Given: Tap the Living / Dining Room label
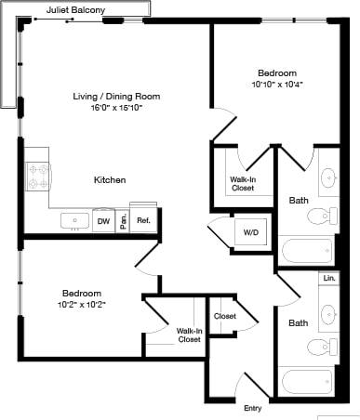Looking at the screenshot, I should pyautogui.click(x=116, y=96).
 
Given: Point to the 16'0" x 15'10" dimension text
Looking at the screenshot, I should pyautogui.click(x=116, y=108).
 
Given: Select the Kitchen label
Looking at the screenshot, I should pyautogui.click(x=110, y=179).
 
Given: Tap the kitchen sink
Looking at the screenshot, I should pyautogui.click(x=73, y=220).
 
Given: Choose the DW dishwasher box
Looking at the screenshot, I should pyautogui.click(x=103, y=221).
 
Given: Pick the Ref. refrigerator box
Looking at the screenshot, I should pyautogui.click(x=143, y=220).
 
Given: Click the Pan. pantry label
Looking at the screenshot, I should pyautogui.click(x=123, y=220).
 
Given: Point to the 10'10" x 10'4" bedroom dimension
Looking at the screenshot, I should pyautogui.click(x=277, y=85).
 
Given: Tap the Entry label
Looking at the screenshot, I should pyautogui.click(x=252, y=408).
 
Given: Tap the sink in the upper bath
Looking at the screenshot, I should pyautogui.click(x=328, y=177).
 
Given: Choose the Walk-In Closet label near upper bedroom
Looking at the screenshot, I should pyautogui.click(x=245, y=183).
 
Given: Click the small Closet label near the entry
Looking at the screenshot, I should pyautogui.click(x=224, y=316).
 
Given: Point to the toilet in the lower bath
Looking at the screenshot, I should pyautogui.click(x=322, y=347).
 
